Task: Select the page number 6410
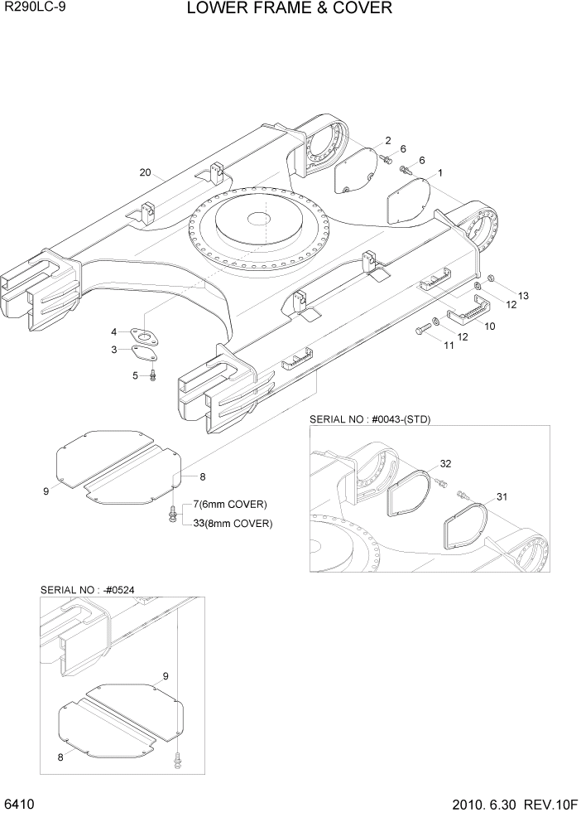pos(18,805)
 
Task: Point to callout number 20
pos(146,173)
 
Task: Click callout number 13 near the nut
pos(523,296)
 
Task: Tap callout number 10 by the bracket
pos(489,326)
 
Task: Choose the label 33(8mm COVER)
pos(233,523)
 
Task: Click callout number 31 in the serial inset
pos(502,496)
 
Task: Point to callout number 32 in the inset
pos(445,463)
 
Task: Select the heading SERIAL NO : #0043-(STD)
pos(371,420)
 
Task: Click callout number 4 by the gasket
pos(114,332)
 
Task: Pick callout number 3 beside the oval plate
pos(114,351)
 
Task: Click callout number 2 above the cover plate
pos(387,140)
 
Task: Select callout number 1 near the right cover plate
pos(439,173)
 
